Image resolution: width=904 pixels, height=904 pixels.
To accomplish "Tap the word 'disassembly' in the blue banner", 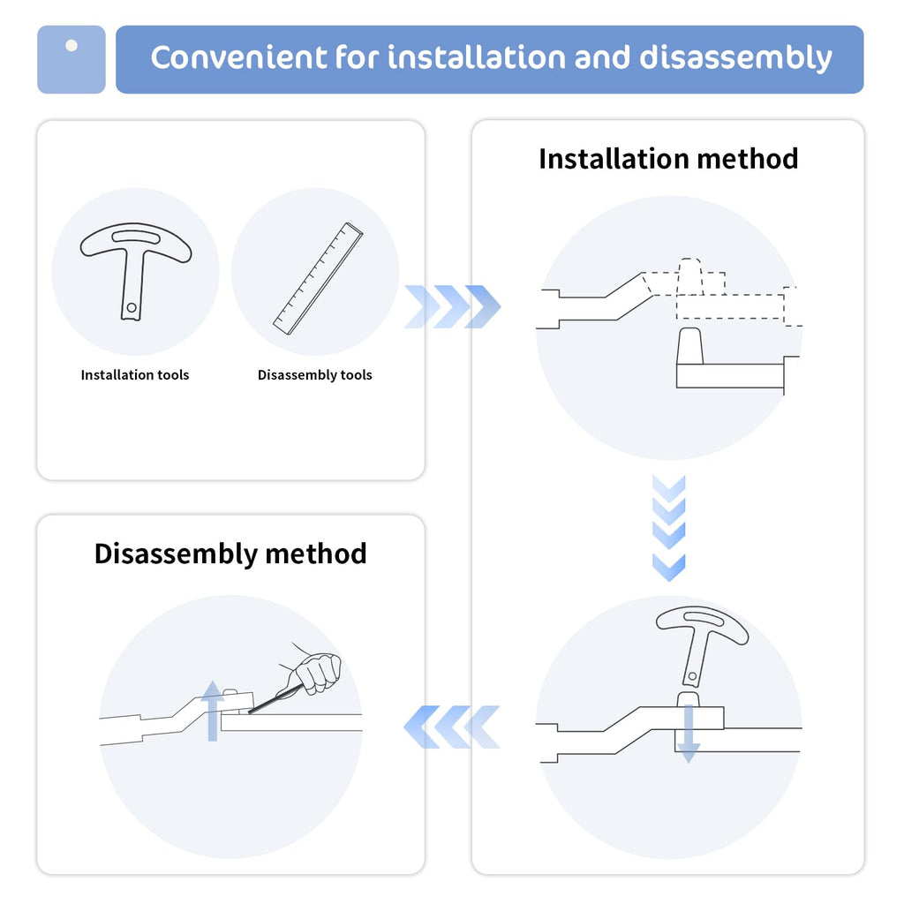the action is point(735,58).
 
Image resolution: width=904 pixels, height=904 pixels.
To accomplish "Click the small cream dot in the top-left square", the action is point(72,46).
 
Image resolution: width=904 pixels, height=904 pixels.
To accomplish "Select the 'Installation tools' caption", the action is point(135,374).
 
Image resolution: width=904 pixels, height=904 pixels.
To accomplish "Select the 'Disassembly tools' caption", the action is point(315,374).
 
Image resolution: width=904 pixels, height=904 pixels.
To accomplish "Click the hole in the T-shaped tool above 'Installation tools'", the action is point(132,308).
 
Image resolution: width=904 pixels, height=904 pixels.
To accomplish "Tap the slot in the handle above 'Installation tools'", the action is point(136,237).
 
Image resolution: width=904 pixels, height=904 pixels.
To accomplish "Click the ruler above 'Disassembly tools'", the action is point(318,278).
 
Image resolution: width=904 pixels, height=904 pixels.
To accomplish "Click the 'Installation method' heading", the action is point(668,159).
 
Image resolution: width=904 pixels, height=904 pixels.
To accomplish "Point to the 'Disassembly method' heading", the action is point(230,554).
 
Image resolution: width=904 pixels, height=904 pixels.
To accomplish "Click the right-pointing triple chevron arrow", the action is point(453,306).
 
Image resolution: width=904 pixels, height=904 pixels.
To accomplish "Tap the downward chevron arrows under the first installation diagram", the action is point(669,528).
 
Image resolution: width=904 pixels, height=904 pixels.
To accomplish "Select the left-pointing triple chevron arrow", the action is point(451,727).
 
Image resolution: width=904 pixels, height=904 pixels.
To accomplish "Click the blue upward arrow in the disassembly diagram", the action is point(212,711).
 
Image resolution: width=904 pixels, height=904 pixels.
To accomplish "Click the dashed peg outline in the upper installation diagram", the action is point(690,276).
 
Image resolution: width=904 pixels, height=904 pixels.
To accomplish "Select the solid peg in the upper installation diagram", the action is point(690,346).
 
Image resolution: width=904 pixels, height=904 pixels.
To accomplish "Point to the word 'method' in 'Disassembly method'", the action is point(315,554).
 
